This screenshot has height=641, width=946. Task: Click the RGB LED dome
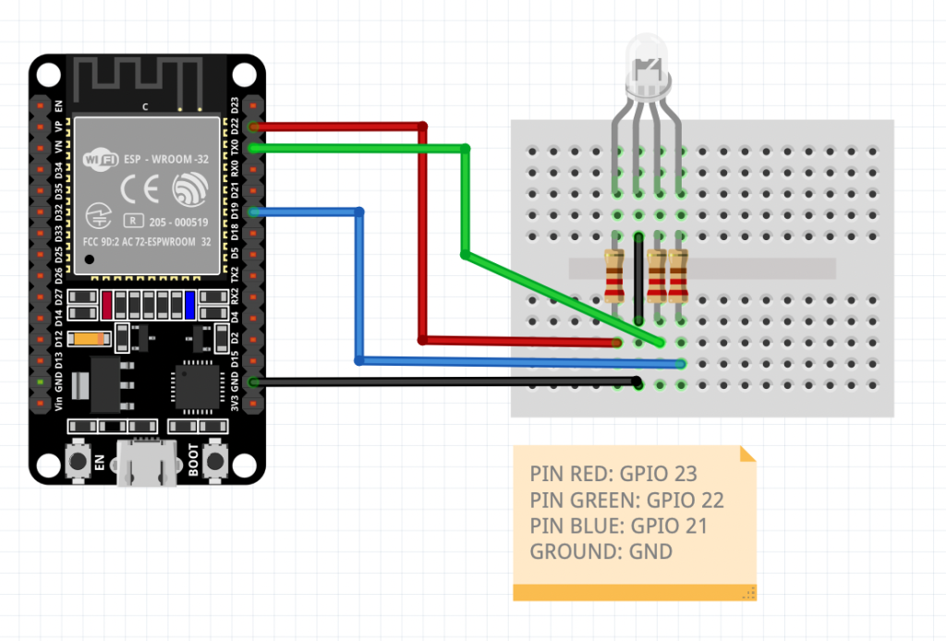click(x=649, y=65)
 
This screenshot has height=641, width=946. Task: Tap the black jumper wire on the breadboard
click(x=638, y=277)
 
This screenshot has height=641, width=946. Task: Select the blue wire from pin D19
click(x=359, y=286)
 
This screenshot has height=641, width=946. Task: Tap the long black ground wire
click(x=443, y=381)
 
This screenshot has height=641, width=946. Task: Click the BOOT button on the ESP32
click(x=216, y=459)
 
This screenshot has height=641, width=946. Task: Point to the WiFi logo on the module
click(x=99, y=158)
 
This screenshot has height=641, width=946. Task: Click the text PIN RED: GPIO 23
click(x=613, y=474)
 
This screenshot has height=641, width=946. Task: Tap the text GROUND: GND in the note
click(x=600, y=551)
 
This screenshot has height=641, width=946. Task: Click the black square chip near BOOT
click(x=197, y=388)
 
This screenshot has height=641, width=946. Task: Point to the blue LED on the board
click(x=189, y=304)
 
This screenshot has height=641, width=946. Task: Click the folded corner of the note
click(x=747, y=454)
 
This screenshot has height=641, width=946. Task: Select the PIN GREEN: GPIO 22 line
click(x=626, y=500)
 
